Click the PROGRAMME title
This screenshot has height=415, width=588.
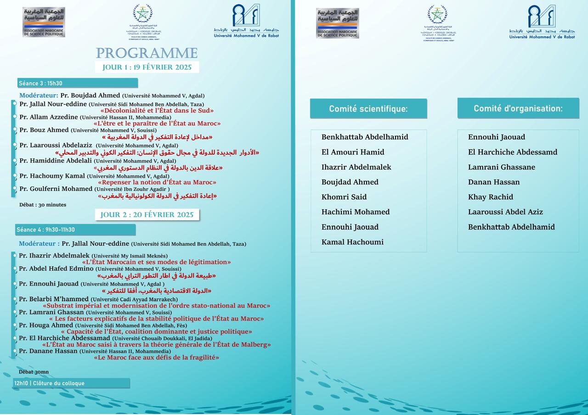click(x=147, y=53)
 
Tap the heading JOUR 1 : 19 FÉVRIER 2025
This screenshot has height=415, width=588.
click(x=147, y=67)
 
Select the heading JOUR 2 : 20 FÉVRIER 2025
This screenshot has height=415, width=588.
click(x=147, y=214)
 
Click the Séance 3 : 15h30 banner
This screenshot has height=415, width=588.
click(x=77, y=83)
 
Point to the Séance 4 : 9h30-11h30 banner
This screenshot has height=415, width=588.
click(x=75, y=230)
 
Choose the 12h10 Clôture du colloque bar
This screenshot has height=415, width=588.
click(x=71, y=383)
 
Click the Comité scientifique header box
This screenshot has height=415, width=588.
click(x=368, y=109)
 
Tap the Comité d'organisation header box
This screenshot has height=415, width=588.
click(x=518, y=108)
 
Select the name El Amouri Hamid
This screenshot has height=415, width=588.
click(x=353, y=152)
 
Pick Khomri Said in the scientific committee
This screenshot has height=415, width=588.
click(x=344, y=197)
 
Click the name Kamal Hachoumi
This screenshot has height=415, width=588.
click(x=352, y=242)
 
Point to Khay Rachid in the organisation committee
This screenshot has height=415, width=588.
click(x=491, y=197)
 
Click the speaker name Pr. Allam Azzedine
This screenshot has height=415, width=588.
click(x=49, y=117)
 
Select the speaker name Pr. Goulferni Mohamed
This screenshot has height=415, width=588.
click(x=56, y=189)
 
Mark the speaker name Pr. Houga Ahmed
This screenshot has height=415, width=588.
click(x=46, y=325)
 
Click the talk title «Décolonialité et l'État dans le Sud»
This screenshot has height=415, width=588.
click(x=157, y=111)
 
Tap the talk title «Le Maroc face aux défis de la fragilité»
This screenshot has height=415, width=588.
click(x=157, y=358)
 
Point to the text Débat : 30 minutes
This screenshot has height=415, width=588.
click(x=43, y=205)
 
